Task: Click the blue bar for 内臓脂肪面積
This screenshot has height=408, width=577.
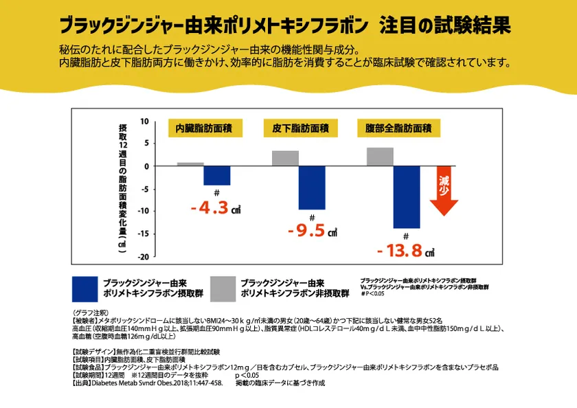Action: [217, 175]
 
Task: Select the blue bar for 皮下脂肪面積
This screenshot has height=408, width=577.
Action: [312, 187]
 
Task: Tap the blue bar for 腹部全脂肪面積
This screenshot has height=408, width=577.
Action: [407, 196]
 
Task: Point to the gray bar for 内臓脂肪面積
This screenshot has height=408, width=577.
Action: [190, 164]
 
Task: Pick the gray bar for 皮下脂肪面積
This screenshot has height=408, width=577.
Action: [285, 159]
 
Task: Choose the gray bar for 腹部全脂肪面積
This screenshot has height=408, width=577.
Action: [380, 157]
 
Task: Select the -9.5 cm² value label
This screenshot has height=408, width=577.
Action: [311, 231]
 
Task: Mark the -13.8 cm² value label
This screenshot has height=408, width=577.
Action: [406, 251]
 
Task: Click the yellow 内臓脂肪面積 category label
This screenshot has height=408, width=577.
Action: [204, 128]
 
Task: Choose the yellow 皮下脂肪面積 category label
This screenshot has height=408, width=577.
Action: [300, 128]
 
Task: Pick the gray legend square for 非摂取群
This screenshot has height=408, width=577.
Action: [223, 288]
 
